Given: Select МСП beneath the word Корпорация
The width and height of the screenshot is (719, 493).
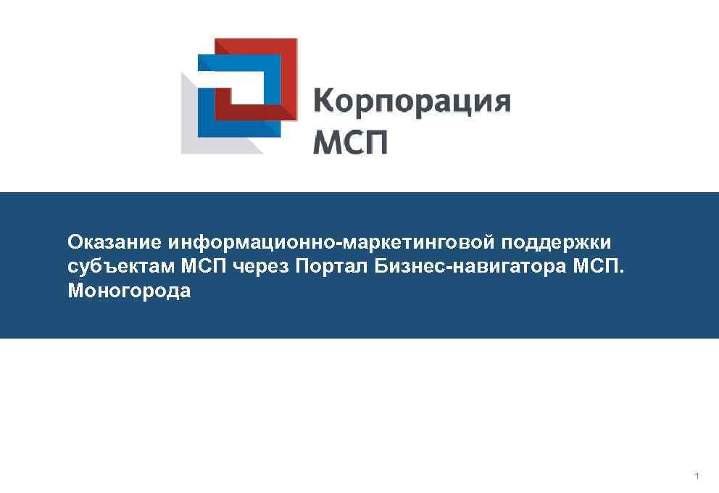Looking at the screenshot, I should tap(350, 141).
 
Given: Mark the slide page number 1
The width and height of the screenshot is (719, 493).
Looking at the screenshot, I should tap(697, 476).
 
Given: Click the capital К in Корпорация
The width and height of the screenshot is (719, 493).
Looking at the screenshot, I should tap(324, 101).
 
